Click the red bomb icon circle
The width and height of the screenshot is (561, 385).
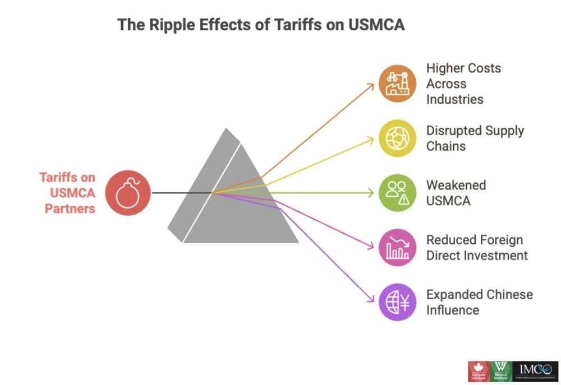128,193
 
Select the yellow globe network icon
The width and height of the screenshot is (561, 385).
397,138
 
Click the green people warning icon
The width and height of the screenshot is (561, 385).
397,193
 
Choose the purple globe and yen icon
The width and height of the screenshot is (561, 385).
397,302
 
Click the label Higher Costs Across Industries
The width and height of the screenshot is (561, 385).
463,84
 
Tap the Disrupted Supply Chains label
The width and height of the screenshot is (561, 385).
475,138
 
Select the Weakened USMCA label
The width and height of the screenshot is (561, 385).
456,192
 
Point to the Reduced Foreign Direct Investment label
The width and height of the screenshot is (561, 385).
477,247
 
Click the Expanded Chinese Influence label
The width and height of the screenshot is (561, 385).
479,301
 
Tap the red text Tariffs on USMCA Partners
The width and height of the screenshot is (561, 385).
67,193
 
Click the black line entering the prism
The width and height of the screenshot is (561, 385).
180,193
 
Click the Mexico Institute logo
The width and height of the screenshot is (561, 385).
500,372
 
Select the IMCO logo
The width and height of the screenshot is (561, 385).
536,372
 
